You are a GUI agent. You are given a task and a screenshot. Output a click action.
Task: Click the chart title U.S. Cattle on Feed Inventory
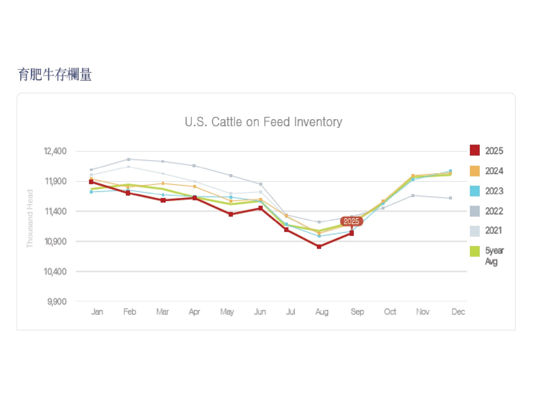[263, 122]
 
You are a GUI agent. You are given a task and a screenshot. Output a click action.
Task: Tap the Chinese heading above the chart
[55, 75]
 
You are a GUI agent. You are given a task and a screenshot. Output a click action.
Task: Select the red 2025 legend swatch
[475, 150]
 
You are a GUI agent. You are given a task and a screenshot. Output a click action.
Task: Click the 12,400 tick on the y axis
[55, 151]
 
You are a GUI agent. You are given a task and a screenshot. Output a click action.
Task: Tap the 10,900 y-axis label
[55, 241]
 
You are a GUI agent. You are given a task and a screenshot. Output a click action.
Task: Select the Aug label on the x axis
[322, 312]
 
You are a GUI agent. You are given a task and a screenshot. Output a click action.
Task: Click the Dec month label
[458, 312]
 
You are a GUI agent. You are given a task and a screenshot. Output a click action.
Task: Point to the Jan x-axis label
[97, 312]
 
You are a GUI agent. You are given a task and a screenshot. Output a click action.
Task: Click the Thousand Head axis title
[30, 218]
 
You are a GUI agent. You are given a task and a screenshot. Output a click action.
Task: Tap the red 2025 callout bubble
[351, 221]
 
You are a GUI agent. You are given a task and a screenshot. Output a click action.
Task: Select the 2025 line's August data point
[319, 246]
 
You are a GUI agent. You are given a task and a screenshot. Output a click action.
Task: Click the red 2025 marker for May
[231, 214]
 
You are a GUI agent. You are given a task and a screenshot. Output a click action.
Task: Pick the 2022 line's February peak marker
[129, 159]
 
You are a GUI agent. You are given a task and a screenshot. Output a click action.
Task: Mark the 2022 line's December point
[451, 198]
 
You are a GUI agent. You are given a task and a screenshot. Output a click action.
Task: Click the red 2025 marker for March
[163, 200]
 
